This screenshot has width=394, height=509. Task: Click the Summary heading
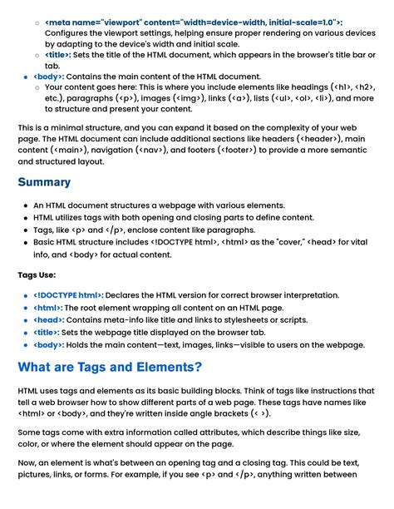pyautogui.click(x=44, y=182)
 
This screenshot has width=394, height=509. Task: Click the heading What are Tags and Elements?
pyautogui.click(x=110, y=367)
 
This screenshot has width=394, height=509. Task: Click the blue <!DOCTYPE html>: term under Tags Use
pyautogui.click(x=69, y=295)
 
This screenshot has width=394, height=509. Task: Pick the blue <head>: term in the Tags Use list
pyautogui.click(x=49, y=319)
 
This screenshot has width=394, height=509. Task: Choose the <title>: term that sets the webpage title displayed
pyautogui.click(x=47, y=332)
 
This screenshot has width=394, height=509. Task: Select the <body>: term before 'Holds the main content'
pyautogui.click(x=49, y=344)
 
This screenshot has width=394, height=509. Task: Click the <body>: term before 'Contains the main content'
pyautogui.click(x=49, y=76)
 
